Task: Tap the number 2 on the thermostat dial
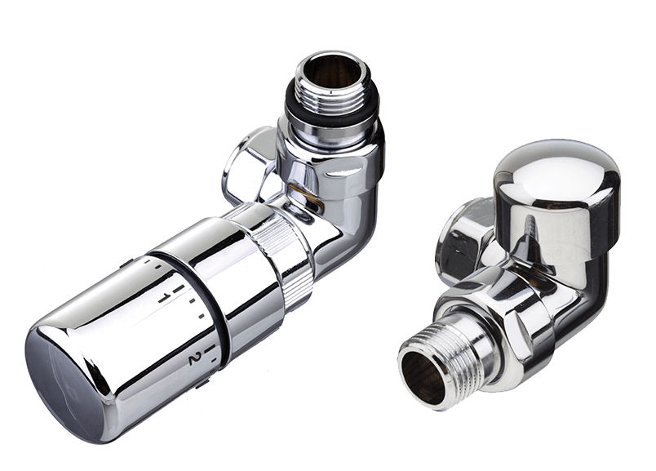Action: click(x=193, y=358)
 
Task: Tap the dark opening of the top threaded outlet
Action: click(x=331, y=71)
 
